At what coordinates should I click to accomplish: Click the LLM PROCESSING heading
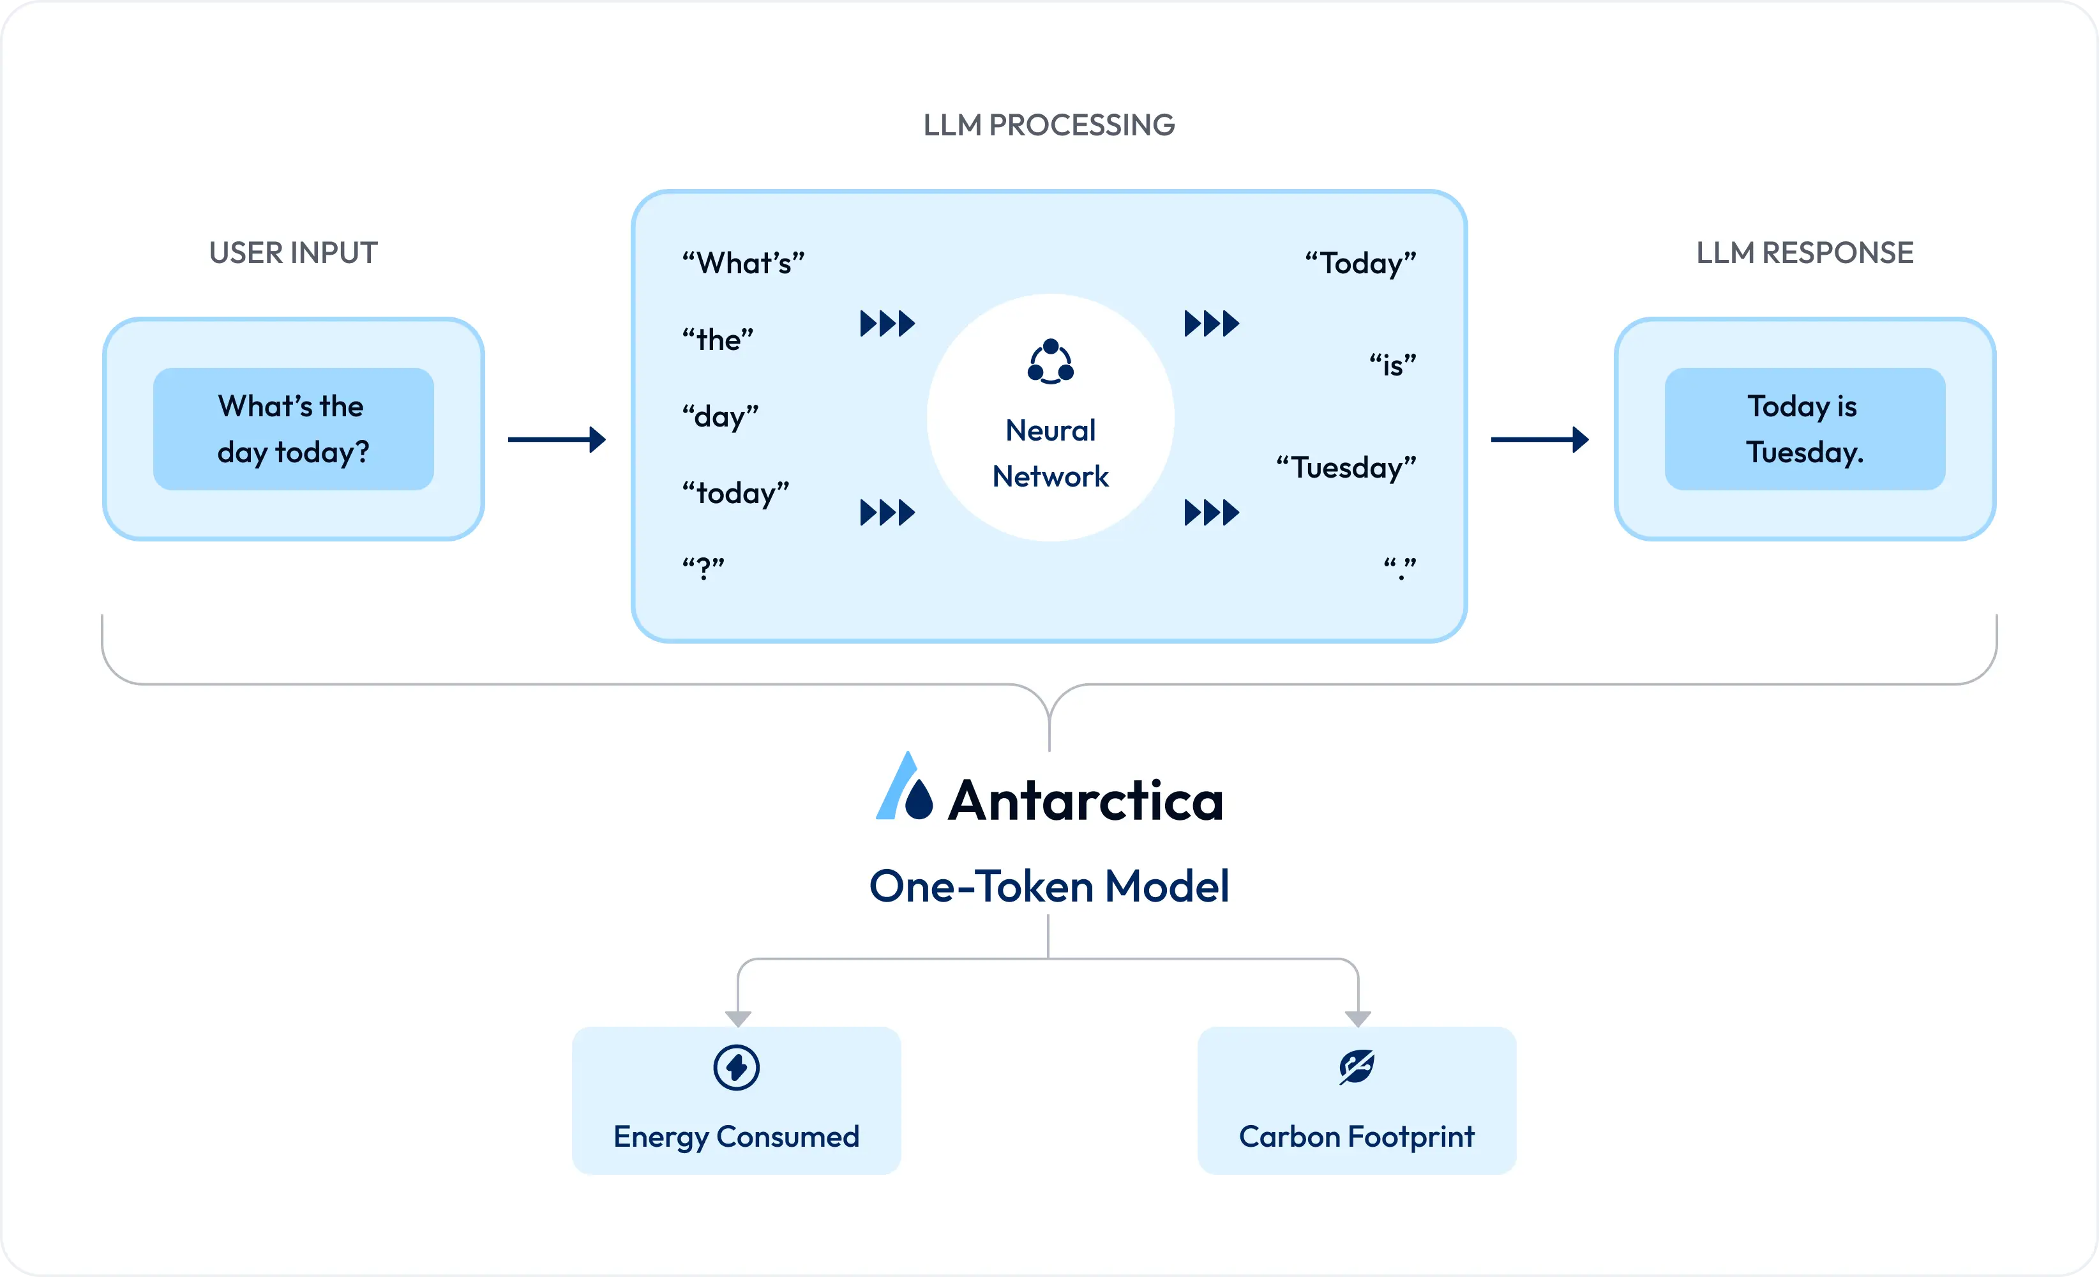[1049, 125]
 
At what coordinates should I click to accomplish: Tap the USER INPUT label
[293, 253]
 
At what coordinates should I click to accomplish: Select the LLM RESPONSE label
[1804, 253]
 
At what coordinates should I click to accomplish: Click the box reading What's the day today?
[293, 428]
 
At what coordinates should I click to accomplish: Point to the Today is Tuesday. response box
[1804, 428]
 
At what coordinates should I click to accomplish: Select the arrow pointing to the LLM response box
[1539, 439]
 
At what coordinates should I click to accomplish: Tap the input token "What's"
[743, 263]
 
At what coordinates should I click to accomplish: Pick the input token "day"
[720, 416]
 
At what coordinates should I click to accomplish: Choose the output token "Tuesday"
[1346, 467]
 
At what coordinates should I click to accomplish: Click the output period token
[1399, 568]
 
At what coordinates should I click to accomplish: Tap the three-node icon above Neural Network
[1050, 362]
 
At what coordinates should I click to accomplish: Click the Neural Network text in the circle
[1050, 453]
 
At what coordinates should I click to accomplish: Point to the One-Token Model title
[1049, 886]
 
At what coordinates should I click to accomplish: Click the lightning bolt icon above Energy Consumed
[736, 1068]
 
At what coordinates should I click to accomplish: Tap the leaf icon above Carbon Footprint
[1356, 1066]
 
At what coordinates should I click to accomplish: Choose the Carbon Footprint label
[1356, 1137]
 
